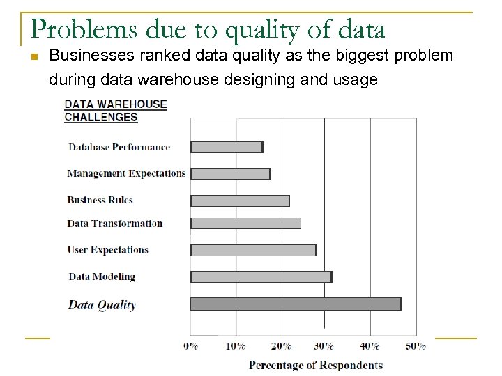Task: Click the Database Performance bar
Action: point(227,147)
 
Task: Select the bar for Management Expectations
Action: point(230,173)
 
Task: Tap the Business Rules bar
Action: point(240,201)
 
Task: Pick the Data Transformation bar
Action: point(245,224)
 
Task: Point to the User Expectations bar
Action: point(253,250)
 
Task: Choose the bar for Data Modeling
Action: point(261,276)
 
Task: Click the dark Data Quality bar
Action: point(295,304)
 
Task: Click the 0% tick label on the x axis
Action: point(190,346)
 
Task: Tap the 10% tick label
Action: point(236,346)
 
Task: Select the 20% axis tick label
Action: point(281,346)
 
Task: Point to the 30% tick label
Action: point(324,346)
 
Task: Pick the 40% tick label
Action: point(370,346)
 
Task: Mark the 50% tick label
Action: point(416,346)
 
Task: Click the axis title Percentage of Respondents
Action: point(316,365)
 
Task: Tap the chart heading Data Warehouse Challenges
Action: point(116,111)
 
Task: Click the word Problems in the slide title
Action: point(73,29)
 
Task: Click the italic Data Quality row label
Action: point(102,304)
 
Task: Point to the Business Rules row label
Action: point(100,201)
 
